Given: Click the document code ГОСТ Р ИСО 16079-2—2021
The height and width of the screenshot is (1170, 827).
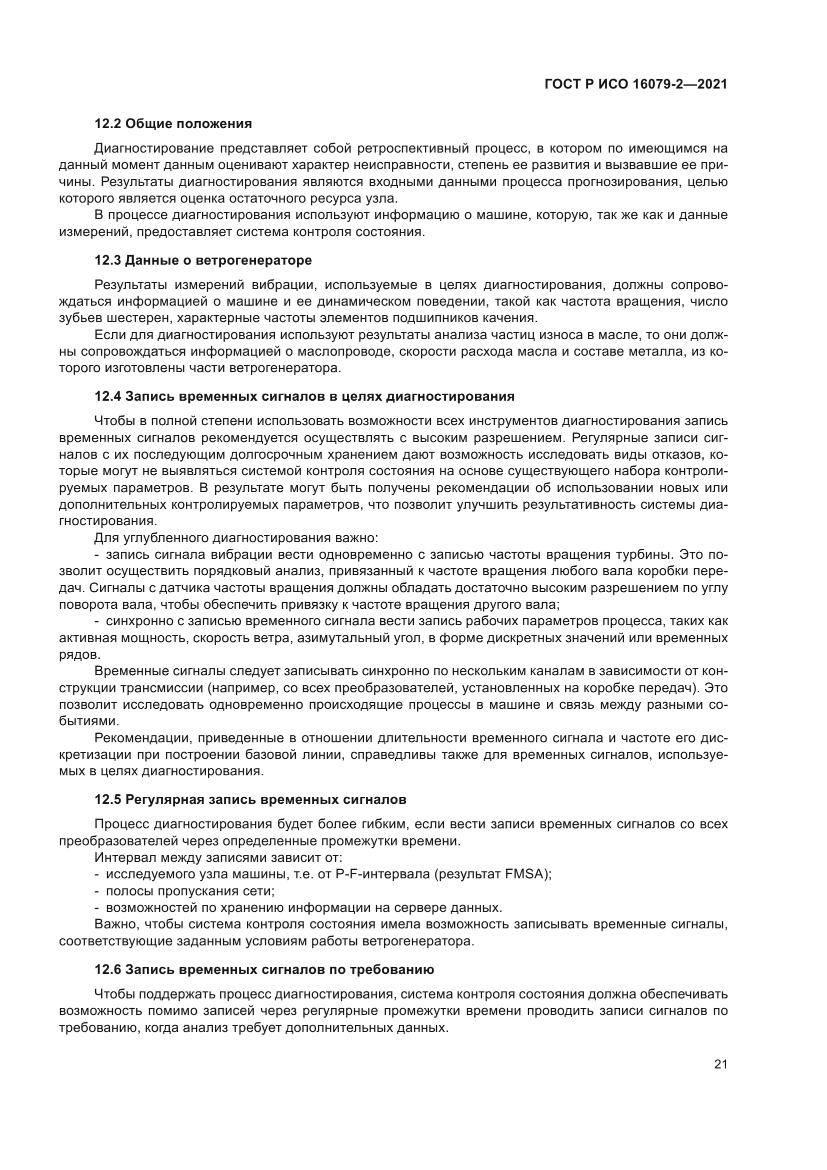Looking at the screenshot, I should click(x=635, y=84).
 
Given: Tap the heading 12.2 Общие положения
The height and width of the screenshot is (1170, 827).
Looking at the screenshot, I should click(x=173, y=124).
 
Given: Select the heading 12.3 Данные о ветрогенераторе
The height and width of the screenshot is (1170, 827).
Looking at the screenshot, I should click(x=203, y=261).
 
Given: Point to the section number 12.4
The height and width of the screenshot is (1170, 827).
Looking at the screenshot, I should click(x=107, y=397).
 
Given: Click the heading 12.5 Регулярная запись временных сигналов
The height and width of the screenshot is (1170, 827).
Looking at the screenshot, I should click(x=250, y=799).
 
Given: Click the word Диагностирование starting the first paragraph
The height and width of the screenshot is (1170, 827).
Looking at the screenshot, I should click(x=154, y=149).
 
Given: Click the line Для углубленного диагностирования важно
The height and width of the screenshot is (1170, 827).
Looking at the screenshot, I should click(x=236, y=538).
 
